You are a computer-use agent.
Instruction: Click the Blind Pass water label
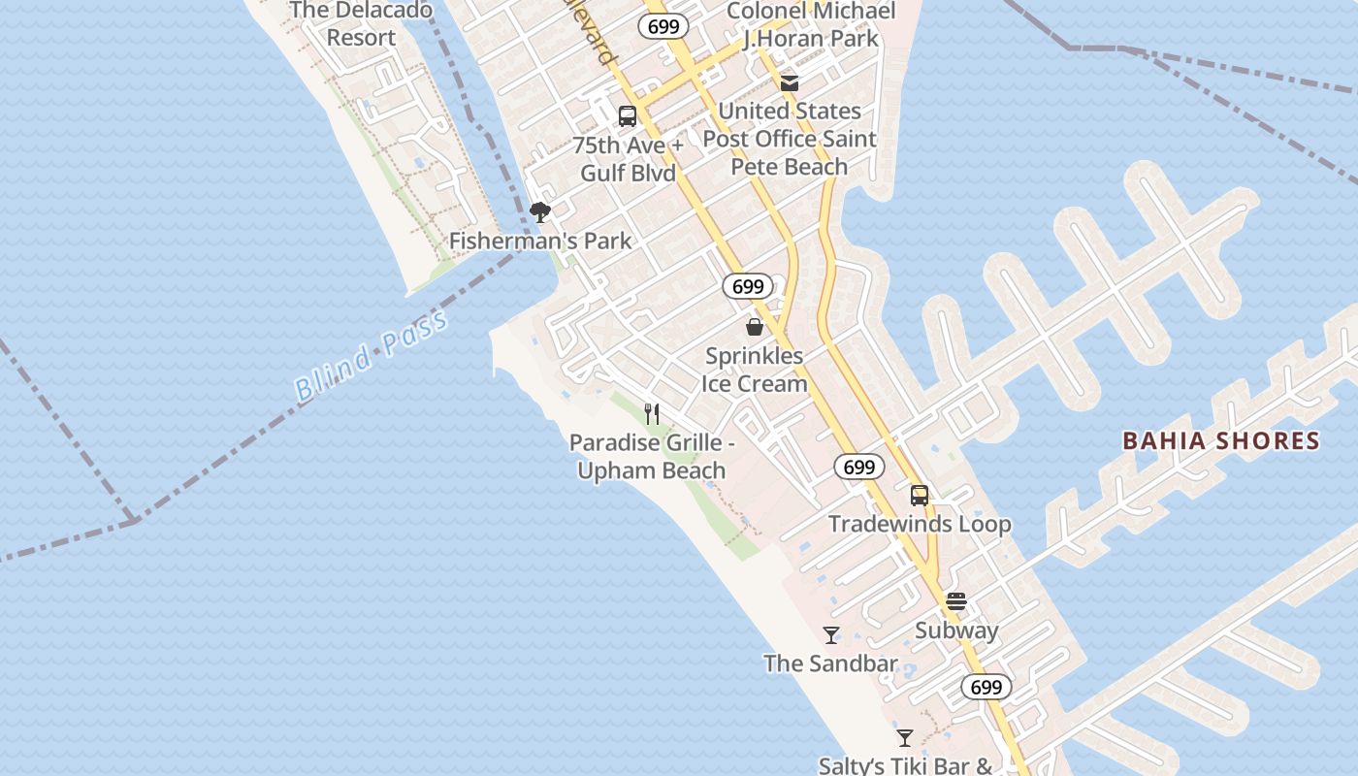pos(372,355)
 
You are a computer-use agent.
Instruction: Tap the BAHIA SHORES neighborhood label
pos(1220,441)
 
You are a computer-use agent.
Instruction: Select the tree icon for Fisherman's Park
pos(540,212)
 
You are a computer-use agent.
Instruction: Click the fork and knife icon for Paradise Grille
pos(652,414)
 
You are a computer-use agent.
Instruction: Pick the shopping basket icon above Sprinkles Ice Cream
pos(755,327)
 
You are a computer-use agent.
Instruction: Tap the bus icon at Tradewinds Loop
pos(920,496)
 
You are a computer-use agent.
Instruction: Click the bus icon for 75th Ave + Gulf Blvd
pos(628,116)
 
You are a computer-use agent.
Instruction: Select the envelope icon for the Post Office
pos(790,83)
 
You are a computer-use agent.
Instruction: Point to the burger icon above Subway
pos(956,601)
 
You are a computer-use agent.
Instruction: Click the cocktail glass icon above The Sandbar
pos(831,635)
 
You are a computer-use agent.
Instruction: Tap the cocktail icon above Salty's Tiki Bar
pos(905,738)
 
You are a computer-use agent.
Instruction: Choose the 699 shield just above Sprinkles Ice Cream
pos(748,287)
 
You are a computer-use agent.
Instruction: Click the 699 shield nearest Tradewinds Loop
pos(859,468)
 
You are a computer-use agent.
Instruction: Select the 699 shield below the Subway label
pos(986,688)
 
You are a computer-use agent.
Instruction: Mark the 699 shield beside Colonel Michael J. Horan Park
pos(663,26)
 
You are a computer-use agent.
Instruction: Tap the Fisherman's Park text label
pos(540,241)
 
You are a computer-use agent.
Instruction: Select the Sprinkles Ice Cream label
pos(755,370)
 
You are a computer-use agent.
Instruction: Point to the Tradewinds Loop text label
pos(920,524)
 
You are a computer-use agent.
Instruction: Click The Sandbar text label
pos(830,663)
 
